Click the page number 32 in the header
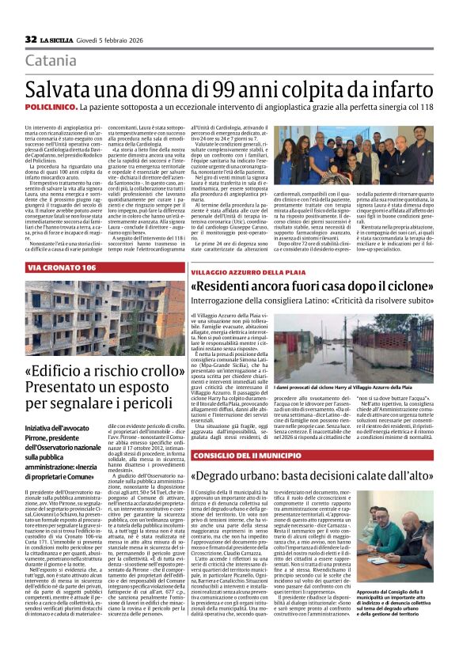(31, 39)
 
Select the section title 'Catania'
(51, 61)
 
